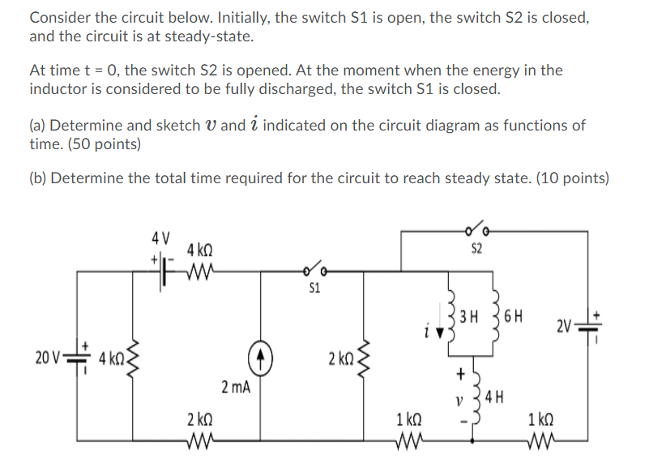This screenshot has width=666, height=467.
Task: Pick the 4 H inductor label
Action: (496, 397)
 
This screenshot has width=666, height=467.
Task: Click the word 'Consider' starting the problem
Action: (58, 18)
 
